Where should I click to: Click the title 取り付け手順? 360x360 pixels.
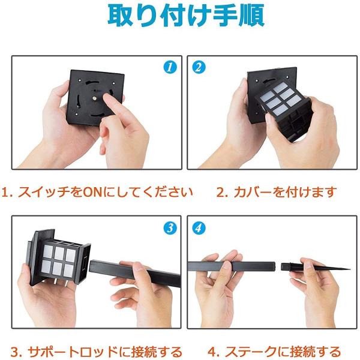[186, 16]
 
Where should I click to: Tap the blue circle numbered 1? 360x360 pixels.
[170, 67]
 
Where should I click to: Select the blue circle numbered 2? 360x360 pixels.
[199, 67]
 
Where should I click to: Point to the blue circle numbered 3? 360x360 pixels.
[170, 228]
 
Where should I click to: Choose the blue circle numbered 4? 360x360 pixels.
[199, 228]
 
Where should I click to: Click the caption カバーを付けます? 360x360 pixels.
[285, 192]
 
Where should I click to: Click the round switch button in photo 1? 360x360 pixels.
[95, 98]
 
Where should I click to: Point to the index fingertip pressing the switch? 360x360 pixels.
[107, 97]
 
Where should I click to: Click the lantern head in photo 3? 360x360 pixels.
[59, 257]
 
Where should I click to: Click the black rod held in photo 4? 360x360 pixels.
[231, 266]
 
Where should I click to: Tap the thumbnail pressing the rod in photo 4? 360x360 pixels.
[227, 265]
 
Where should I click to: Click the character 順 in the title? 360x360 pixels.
[252, 16]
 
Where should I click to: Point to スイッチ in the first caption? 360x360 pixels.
[43, 192]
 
